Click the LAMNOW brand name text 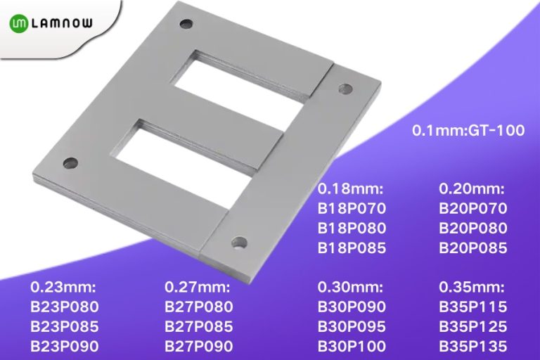coord(68,23)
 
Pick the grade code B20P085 coord(473,247)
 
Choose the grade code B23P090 coord(65,346)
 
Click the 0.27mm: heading coord(198,287)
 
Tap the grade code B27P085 coord(199,326)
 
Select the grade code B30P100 coord(353,346)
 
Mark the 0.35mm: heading coord(472,287)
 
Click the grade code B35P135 coord(473,346)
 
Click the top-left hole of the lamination coord(186,24)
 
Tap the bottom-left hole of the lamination coord(70,163)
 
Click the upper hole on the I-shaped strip coord(345,88)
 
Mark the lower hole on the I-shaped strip coord(240,245)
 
